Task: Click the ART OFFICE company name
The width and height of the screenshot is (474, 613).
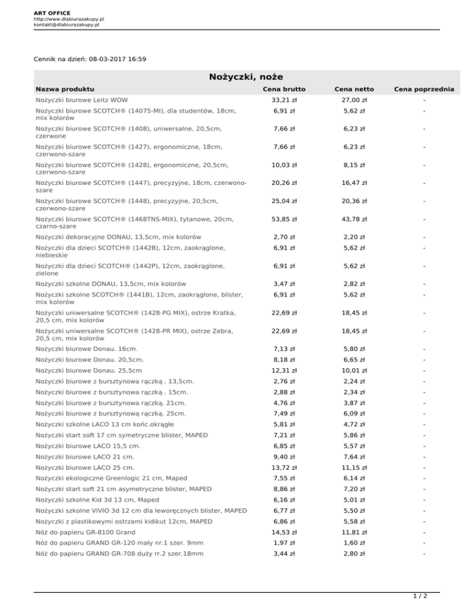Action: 52,12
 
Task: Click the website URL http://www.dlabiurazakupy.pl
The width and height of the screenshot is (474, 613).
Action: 69,19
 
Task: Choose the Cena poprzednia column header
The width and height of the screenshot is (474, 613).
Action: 425,90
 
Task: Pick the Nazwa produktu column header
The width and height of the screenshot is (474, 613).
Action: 65,90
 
